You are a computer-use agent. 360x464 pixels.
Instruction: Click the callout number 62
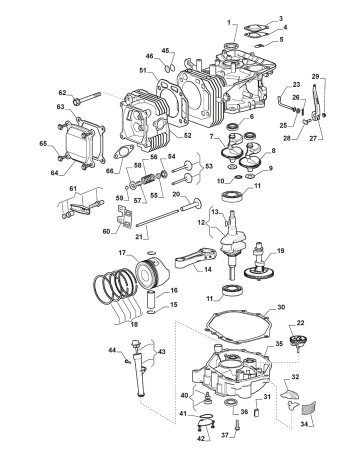62,92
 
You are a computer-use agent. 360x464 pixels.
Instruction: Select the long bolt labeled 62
89,98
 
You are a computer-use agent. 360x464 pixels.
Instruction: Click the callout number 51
142,71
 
